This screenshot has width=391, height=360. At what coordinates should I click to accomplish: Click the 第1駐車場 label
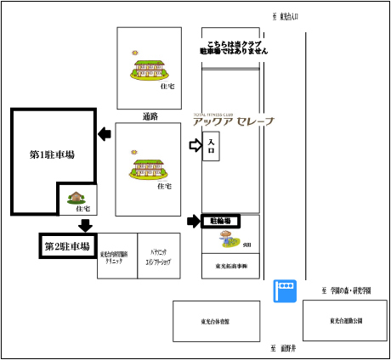[52, 155]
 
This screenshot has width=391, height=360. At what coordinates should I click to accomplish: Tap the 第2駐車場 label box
[67, 246]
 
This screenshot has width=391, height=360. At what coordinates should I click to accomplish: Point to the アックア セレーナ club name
[234, 121]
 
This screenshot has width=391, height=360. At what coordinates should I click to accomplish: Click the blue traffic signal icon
[284, 290]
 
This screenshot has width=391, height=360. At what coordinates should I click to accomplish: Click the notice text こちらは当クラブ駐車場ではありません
[234, 47]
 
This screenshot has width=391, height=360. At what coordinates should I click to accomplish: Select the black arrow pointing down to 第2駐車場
[85, 225]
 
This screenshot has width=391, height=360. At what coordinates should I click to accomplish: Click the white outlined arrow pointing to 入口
[195, 146]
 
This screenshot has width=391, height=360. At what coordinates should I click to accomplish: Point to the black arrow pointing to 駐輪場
[194, 222]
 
